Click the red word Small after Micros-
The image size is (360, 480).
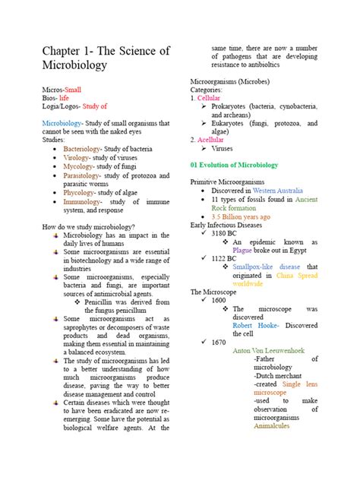pos(77,90)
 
